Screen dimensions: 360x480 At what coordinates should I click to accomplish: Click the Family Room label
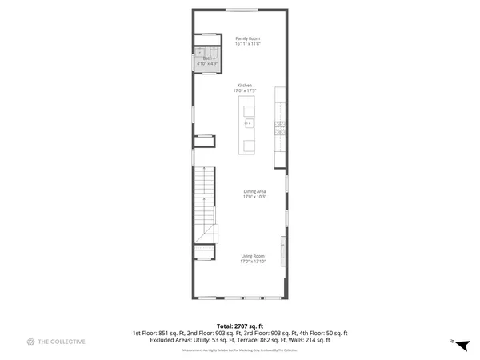(247, 38)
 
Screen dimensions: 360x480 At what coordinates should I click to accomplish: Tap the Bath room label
(207, 58)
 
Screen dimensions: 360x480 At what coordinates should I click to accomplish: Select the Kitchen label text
(245, 86)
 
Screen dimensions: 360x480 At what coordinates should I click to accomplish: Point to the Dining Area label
(254, 191)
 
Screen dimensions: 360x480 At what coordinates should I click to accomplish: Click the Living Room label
(253, 256)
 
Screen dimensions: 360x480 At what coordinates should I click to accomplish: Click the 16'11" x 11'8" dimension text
(247, 44)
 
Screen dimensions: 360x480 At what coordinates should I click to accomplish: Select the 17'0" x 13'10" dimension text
(253, 262)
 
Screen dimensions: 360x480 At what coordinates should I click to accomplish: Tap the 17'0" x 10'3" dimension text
(254, 197)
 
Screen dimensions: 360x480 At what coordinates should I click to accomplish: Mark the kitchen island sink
(249, 124)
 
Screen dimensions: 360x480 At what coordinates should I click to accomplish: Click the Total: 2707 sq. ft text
(239, 326)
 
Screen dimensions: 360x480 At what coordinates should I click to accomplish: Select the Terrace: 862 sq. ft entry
(272, 339)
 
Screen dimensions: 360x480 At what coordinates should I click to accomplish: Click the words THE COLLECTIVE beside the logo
(62, 342)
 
